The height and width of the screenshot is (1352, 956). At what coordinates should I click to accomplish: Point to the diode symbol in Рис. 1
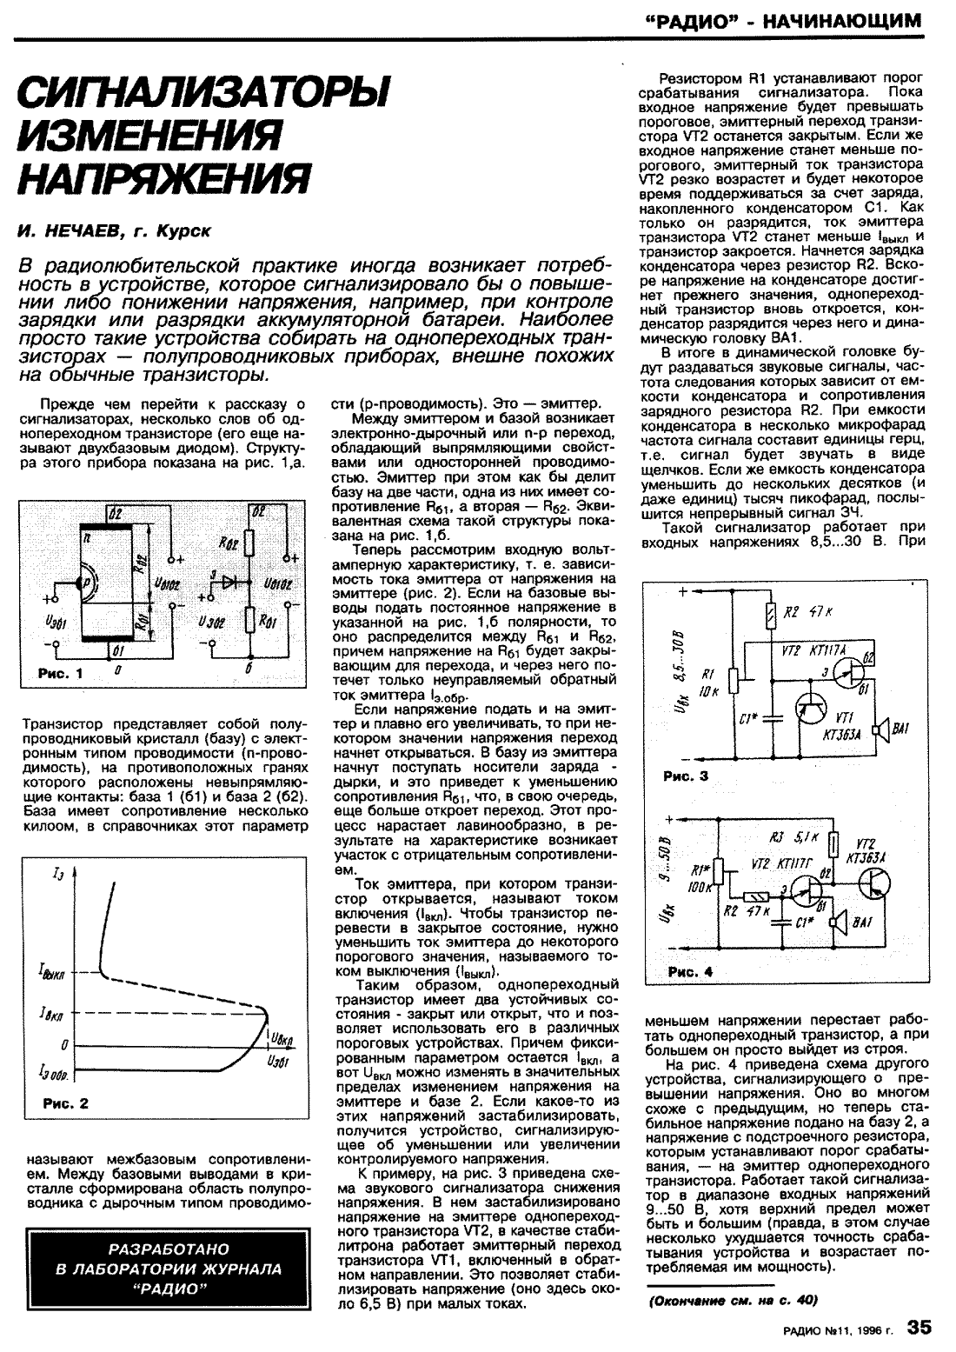231,583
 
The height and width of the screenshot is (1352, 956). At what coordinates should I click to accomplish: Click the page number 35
919,1327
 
